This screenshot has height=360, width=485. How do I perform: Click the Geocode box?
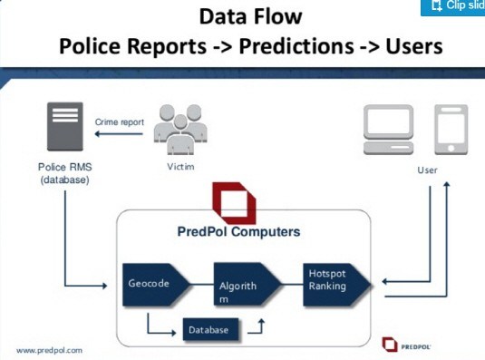pos(156,285)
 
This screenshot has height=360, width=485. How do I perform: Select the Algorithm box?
pos(247,285)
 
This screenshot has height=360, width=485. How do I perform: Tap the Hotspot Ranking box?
pos(336,285)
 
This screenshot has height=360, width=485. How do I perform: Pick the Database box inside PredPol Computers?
pos(210,330)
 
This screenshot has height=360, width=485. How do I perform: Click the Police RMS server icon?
pos(65,126)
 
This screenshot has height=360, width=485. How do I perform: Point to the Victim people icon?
pos(180,130)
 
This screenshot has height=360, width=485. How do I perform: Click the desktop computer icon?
pos(389,130)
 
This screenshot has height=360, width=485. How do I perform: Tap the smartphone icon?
pos(451,130)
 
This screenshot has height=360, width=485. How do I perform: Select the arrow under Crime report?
pos(119,134)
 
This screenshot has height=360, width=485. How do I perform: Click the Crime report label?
pos(120,122)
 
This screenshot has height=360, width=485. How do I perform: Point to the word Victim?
pos(180,167)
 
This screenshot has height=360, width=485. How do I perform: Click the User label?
pos(427,170)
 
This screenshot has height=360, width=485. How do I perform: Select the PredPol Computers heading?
pos(238,231)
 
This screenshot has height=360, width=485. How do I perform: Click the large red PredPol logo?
pos(234,203)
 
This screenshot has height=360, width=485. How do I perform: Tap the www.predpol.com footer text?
pos(50,351)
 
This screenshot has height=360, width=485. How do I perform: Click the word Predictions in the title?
pos(296,46)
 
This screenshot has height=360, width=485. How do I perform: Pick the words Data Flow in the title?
pos(250,16)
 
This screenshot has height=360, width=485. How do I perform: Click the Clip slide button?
pos(453,7)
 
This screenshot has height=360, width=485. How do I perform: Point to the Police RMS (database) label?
pos(65,173)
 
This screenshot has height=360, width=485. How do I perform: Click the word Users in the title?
pos(414,46)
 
